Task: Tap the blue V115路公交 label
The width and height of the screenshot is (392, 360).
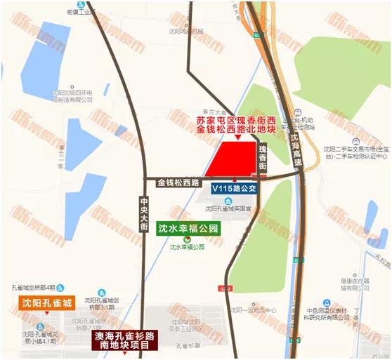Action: pos(236,188)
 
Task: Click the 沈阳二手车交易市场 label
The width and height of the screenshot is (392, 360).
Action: pos(351,149)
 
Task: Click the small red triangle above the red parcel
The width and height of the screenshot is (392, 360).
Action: pos(238,139)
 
